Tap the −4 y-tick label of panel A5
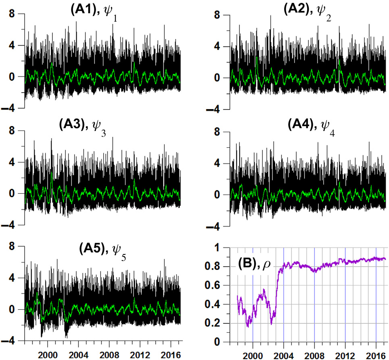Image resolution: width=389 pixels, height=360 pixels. tap(9, 341)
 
